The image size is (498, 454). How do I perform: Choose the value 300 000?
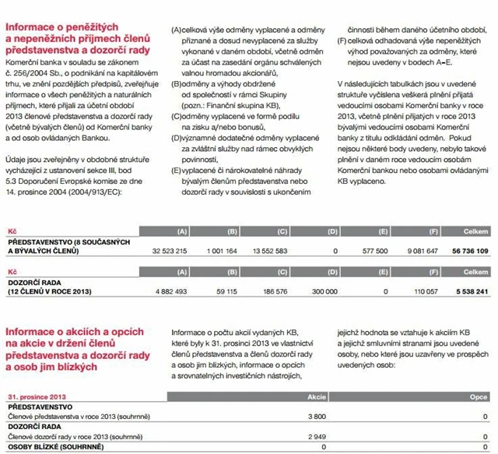(324, 291)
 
